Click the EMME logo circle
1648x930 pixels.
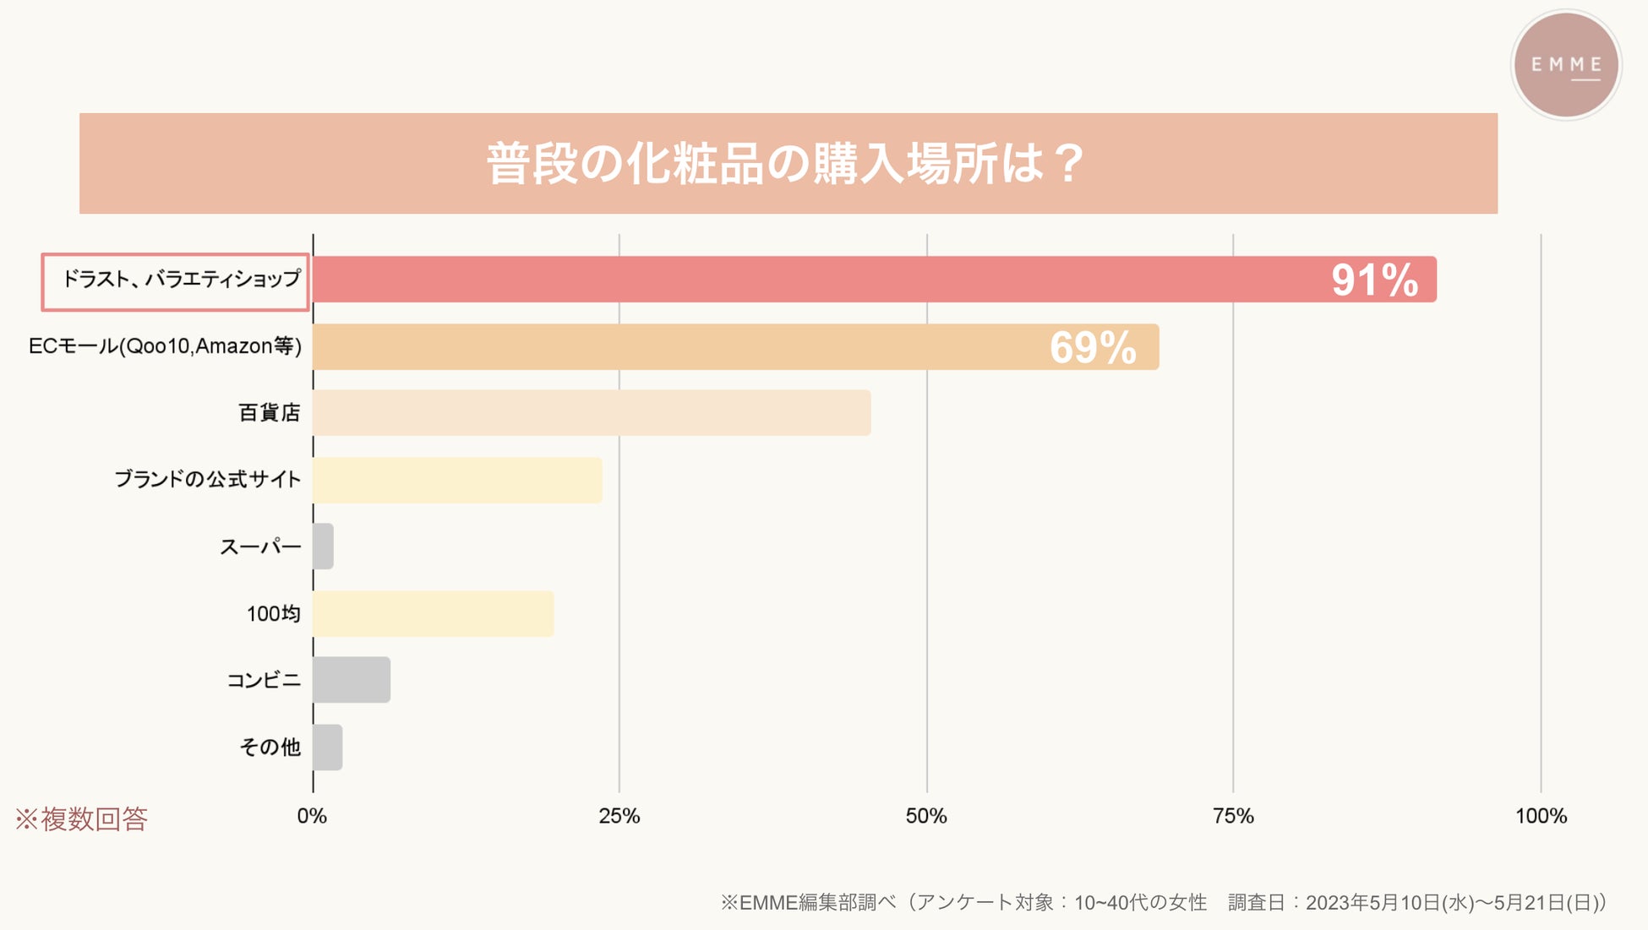click(x=1565, y=65)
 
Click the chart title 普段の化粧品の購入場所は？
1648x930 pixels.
click(x=786, y=163)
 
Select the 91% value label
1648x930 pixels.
click(x=1374, y=280)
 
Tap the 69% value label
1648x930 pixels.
click(x=1093, y=347)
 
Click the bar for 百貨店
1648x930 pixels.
click(x=592, y=413)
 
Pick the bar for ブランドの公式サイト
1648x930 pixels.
click(x=457, y=480)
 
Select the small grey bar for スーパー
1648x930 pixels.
click(x=323, y=547)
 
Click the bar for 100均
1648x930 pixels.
click(x=433, y=614)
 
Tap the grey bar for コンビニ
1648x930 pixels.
click(x=352, y=680)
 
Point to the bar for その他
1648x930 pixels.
click(x=327, y=748)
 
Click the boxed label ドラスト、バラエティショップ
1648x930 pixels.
click(x=176, y=281)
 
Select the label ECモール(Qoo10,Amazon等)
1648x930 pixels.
click(x=165, y=346)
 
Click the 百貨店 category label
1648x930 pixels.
click(x=269, y=413)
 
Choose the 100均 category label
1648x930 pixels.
click(x=273, y=614)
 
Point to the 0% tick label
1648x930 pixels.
click(x=312, y=816)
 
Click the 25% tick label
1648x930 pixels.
click(x=619, y=816)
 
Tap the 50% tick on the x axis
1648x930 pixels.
click(x=926, y=816)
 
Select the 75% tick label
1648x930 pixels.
click(x=1233, y=816)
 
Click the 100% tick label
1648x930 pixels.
click(x=1541, y=816)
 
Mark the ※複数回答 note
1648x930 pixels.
click(x=81, y=819)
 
